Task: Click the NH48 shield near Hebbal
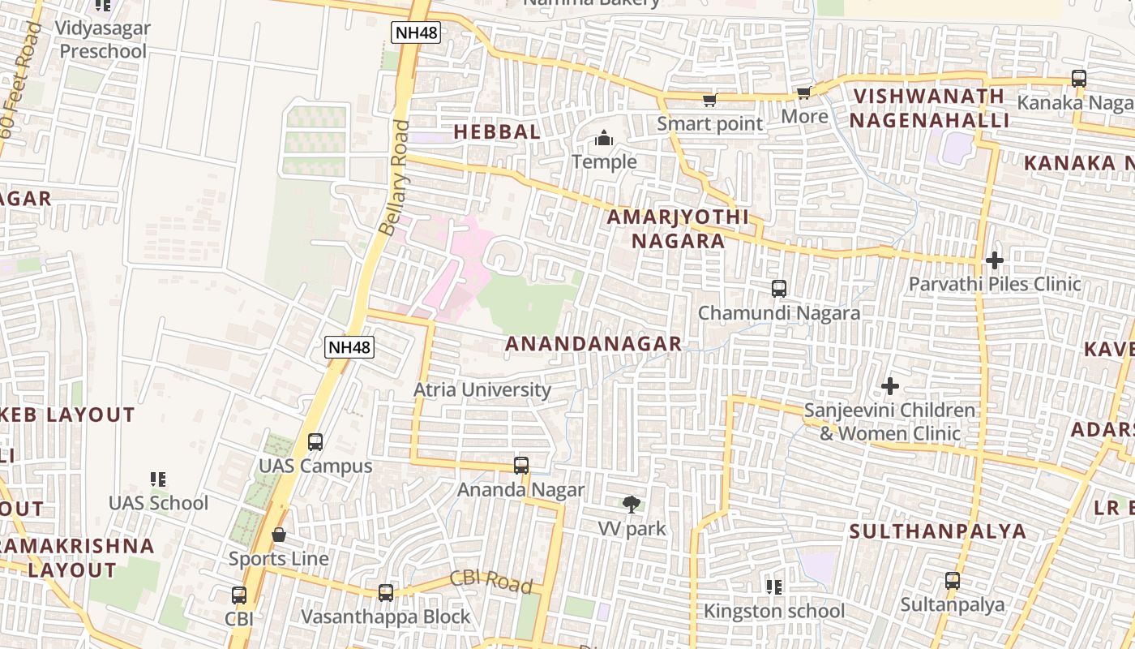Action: [x=415, y=32]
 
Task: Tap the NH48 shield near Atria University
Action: [x=350, y=347]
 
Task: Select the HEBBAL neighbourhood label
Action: [x=496, y=131]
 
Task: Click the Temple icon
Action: [x=604, y=139]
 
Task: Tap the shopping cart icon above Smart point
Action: [x=709, y=100]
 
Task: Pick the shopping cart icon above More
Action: [x=803, y=92]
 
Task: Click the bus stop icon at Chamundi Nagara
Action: [x=779, y=288]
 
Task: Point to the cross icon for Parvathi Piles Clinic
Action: [x=995, y=260]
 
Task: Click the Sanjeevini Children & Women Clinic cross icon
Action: [x=890, y=386]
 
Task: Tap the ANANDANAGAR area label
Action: [x=593, y=344]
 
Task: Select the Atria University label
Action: [x=482, y=389]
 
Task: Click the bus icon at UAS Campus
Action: [x=315, y=442]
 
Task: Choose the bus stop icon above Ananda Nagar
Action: [x=521, y=466]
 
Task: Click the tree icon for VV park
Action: [x=632, y=505]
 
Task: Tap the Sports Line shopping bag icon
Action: [x=279, y=535]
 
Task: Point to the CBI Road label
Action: [x=490, y=581]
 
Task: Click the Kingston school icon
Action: [x=773, y=586]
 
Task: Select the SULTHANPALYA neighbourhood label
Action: [x=937, y=531]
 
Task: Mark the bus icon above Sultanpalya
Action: [x=953, y=581]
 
